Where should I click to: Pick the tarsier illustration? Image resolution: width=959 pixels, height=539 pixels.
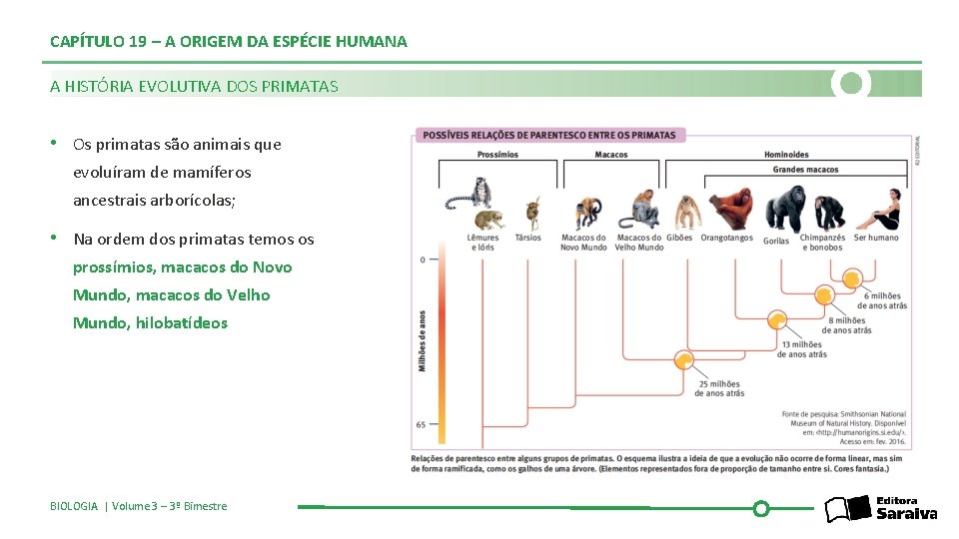pos(531,212)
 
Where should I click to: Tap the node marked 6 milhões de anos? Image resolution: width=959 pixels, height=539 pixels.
pos(824,294)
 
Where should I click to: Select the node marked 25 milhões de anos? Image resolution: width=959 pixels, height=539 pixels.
pos(684,360)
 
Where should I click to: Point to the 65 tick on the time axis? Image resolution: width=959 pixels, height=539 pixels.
pos(422,424)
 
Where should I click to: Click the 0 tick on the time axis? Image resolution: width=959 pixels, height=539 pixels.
pos(422,260)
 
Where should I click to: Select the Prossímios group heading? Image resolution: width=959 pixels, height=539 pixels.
pos(496,155)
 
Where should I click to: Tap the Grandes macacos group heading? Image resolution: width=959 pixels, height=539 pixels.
pos(805,170)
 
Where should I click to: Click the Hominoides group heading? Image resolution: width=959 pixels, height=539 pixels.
pos(786,155)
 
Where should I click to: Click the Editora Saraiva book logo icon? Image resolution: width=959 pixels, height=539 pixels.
pos(847,509)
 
